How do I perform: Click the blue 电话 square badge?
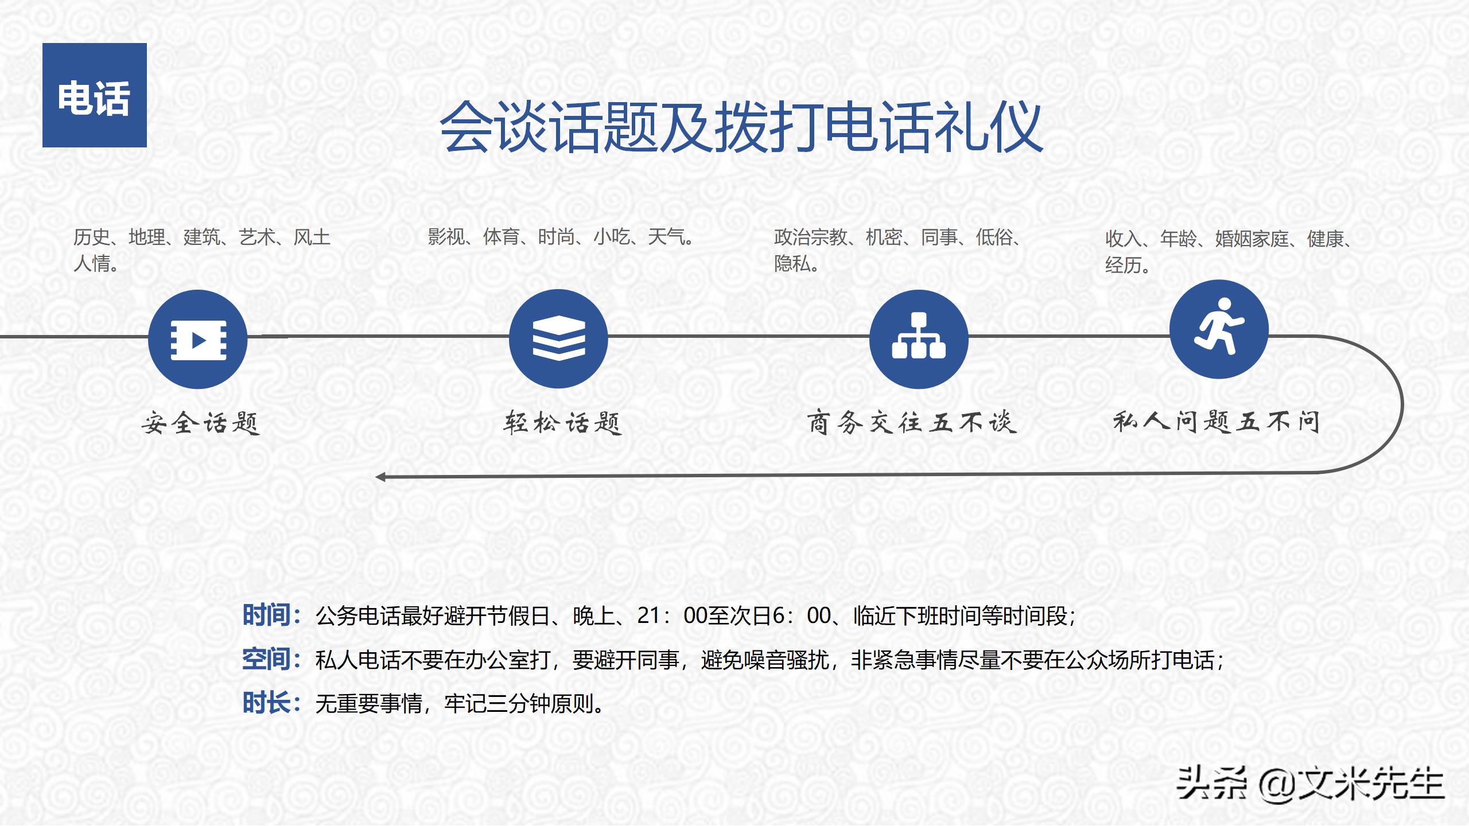pyautogui.click(x=95, y=95)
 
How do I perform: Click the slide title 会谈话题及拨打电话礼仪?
pyautogui.click(x=740, y=127)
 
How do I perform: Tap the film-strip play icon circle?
pyautogui.click(x=198, y=340)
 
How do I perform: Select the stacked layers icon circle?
pyautogui.click(x=558, y=338)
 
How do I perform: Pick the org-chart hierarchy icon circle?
pyautogui.click(x=919, y=339)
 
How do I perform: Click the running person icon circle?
pyautogui.click(x=1219, y=329)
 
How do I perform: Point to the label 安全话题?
pyautogui.click(x=201, y=423)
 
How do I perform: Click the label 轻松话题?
pyautogui.click(x=563, y=423)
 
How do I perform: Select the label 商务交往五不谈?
pyautogui.click(x=912, y=423)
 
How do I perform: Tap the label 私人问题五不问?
pyautogui.click(x=1217, y=422)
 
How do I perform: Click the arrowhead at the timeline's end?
pyautogui.click(x=380, y=477)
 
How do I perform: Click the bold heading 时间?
pyautogui.click(x=266, y=615)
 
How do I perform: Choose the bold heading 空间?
pyautogui.click(x=266, y=659)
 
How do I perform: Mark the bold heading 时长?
pyautogui.click(x=266, y=703)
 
